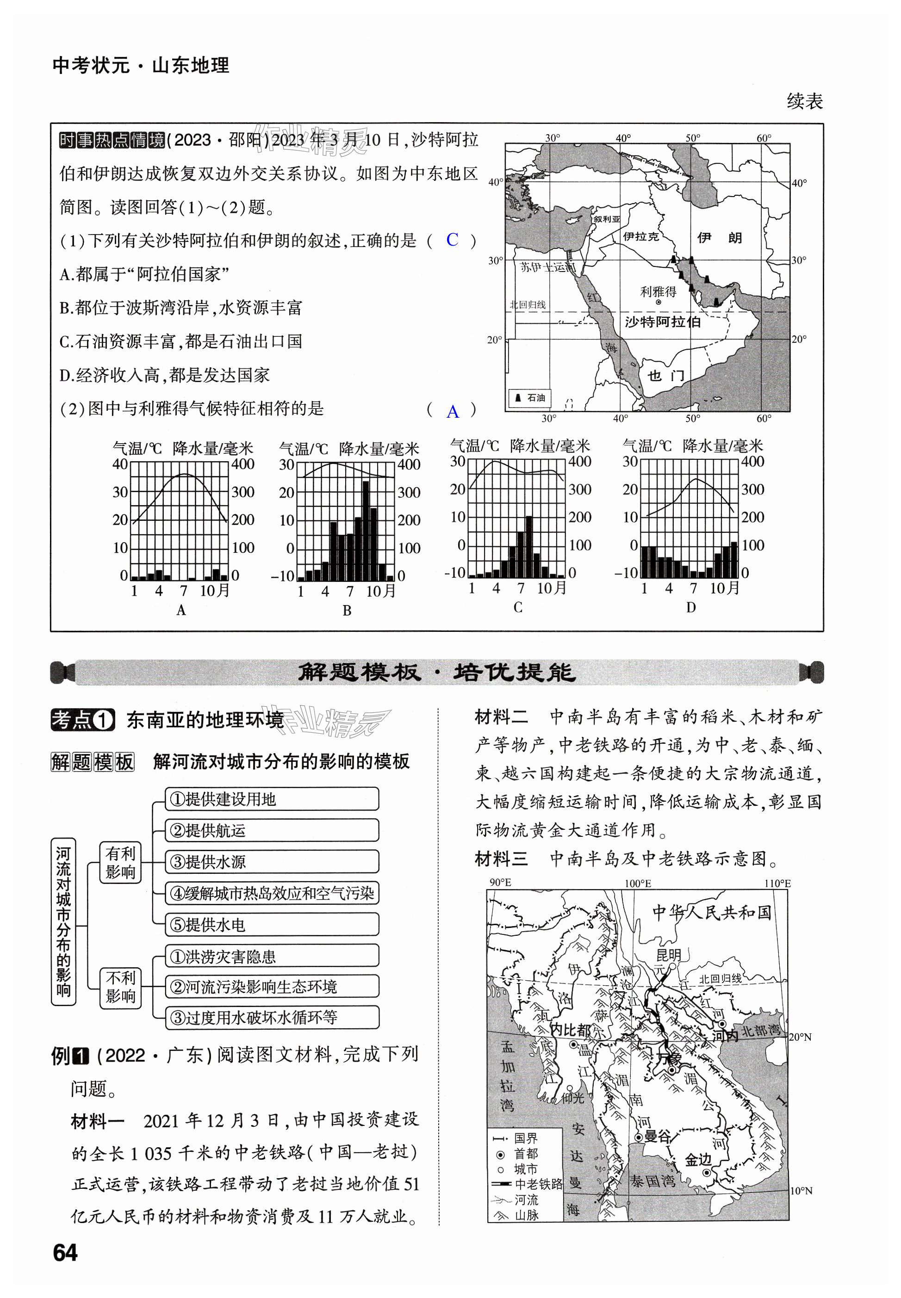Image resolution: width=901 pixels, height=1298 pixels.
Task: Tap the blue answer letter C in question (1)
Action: click(452, 240)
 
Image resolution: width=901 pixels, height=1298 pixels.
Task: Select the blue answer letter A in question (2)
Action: click(452, 411)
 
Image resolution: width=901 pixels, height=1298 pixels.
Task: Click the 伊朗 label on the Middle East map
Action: click(719, 238)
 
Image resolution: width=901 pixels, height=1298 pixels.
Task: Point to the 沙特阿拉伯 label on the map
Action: click(662, 321)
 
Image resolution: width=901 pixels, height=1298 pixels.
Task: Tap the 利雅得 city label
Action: click(658, 292)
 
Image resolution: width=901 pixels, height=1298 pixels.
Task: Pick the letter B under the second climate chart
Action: click(347, 611)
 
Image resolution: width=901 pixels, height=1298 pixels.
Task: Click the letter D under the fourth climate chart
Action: click(690, 608)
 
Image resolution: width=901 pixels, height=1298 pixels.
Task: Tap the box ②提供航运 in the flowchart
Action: click(272, 830)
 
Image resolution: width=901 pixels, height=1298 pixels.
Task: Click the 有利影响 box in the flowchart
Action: click(120, 863)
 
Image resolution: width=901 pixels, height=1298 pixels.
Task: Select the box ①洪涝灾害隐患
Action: click(272, 956)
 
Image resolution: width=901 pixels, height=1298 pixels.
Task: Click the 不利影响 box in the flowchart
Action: click(120, 987)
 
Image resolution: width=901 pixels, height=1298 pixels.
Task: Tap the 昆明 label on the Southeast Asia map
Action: click(668, 955)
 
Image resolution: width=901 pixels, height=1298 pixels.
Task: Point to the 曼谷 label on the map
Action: click(657, 1136)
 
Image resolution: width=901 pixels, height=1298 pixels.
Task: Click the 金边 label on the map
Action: click(698, 1159)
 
